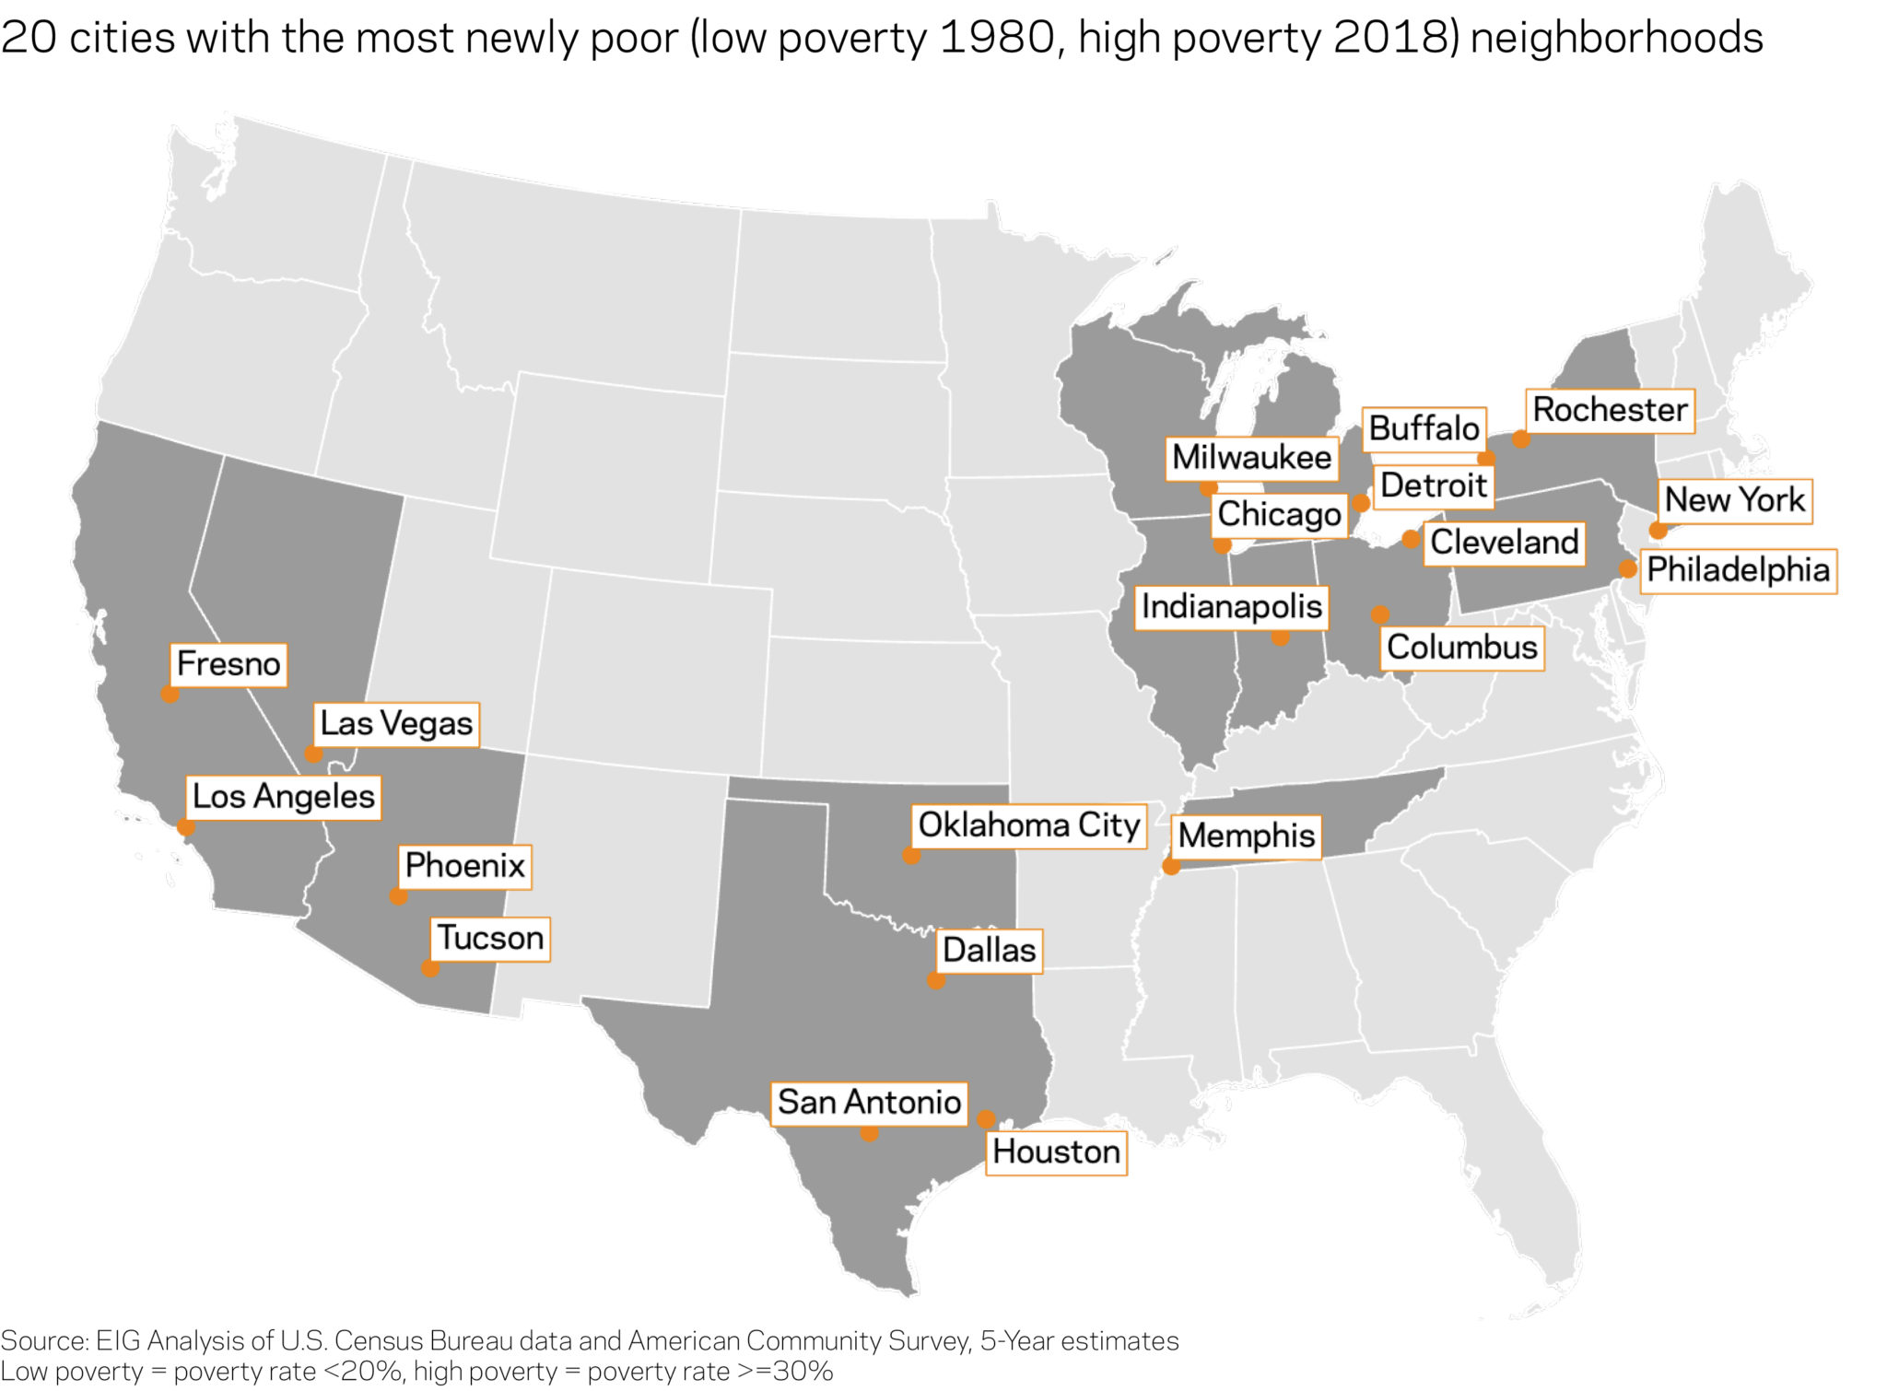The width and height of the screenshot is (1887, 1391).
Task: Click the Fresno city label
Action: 229,664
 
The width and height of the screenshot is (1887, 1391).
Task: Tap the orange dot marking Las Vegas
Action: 313,754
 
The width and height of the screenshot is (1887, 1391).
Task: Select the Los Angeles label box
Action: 284,797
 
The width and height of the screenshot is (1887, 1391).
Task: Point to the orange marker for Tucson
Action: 430,968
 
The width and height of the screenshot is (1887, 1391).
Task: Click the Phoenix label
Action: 465,866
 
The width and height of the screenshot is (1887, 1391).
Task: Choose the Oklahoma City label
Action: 1029,825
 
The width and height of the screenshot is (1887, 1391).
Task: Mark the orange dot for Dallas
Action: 936,981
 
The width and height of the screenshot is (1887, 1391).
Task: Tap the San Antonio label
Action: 869,1103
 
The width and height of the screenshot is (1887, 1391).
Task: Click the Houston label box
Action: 1056,1152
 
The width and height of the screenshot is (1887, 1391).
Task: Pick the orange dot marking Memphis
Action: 1171,866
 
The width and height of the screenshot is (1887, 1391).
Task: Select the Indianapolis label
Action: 1232,607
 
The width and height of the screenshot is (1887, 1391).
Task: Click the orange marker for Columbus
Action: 1379,614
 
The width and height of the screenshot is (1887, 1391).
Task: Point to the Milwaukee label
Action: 1251,458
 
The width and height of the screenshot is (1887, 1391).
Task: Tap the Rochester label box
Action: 1610,410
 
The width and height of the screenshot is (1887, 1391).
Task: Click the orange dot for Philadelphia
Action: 1628,569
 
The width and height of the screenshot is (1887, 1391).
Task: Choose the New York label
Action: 1735,500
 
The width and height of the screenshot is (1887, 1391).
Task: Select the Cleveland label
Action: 1504,543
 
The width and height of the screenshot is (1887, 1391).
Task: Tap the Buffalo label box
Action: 1424,429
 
